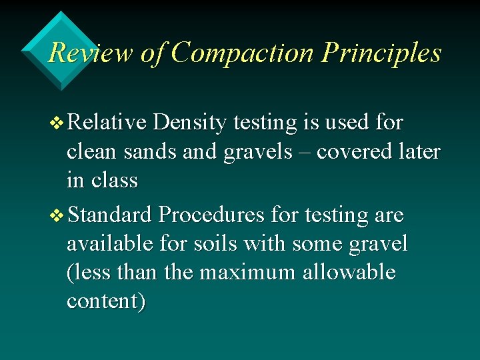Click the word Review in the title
coord(91,53)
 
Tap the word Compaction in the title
coord(242,53)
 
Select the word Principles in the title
coord(381,53)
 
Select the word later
coord(420,152)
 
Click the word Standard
coord(110,215)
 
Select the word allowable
coord(349,273)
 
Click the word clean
coord(93,152)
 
